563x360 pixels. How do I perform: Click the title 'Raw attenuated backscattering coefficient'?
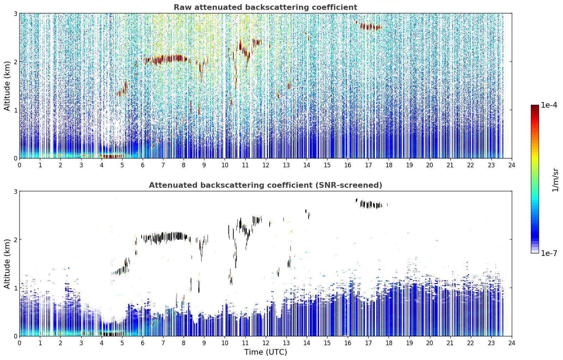coord(265,7)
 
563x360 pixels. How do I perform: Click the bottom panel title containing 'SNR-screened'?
coord(265,185)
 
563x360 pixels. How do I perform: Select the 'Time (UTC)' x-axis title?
coord(265,352)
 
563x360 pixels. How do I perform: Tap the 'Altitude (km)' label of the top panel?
coord(7,86)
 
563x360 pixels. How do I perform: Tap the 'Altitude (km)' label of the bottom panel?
coord(7,264)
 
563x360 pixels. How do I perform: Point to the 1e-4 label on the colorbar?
coord(549,105)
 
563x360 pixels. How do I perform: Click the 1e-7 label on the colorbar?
coord(549,253)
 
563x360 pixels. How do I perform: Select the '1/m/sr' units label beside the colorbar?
coord(555,180)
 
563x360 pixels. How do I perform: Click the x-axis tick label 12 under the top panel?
coord(266,165)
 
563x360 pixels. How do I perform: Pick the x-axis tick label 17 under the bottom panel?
coord(368,343)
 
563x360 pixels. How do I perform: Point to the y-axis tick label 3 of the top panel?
coord(15,14)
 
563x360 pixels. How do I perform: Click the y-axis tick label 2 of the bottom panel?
coord(15,240)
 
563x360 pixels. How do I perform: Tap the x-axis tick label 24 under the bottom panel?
coord(512,343)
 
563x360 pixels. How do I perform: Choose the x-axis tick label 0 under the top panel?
coord(20,165)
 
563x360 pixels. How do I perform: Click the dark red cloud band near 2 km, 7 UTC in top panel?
coord(166,59)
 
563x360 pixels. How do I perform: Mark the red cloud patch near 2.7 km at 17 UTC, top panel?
coord(370,26)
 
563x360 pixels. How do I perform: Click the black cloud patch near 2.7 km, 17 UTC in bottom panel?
coord(371,204)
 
